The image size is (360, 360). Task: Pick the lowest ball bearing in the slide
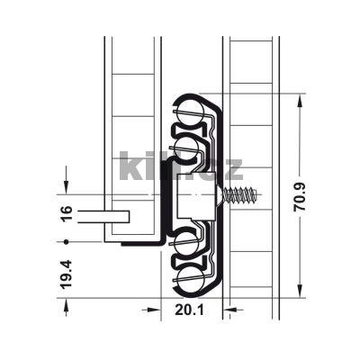coord(191,281)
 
